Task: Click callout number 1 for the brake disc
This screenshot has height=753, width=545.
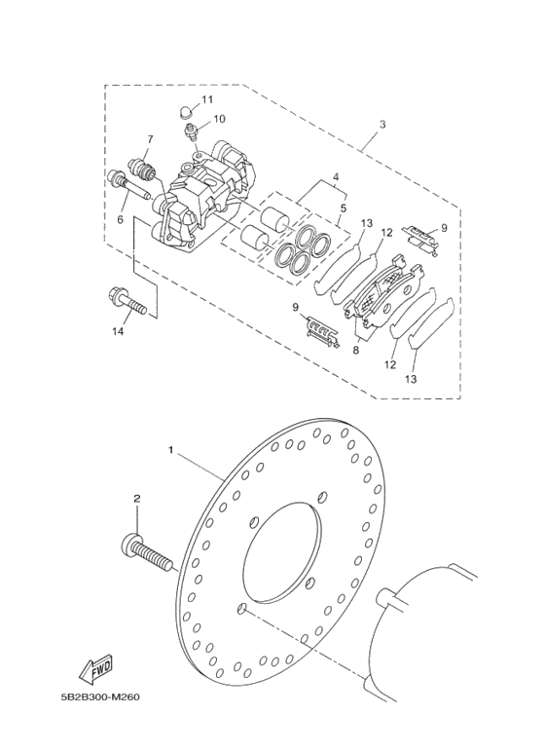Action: [x=171, y=450]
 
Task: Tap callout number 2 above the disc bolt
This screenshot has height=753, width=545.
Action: [x=136, y=499]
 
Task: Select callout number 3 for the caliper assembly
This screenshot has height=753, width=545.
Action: [x=382, y=124]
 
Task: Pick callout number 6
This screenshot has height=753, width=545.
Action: [x=120, y=220]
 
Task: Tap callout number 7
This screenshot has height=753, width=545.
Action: [x=150, y=139]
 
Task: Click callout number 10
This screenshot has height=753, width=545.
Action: [x=219, y=119]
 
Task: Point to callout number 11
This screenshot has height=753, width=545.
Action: [x=207, y=99]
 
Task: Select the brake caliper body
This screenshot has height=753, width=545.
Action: [x=204, y=195]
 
